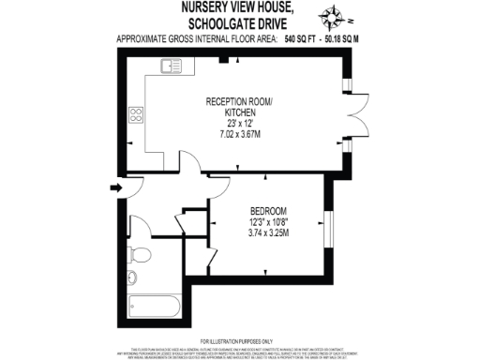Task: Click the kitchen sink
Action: coord(172,66)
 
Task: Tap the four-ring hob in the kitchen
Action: coord(136,115)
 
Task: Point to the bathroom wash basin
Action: coord(132,277)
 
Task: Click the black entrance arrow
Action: coord(115,189)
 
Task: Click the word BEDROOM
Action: coord(268,210)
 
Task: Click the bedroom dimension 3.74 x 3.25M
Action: coord(268,232)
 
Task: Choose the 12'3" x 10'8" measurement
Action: coord(268,221)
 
